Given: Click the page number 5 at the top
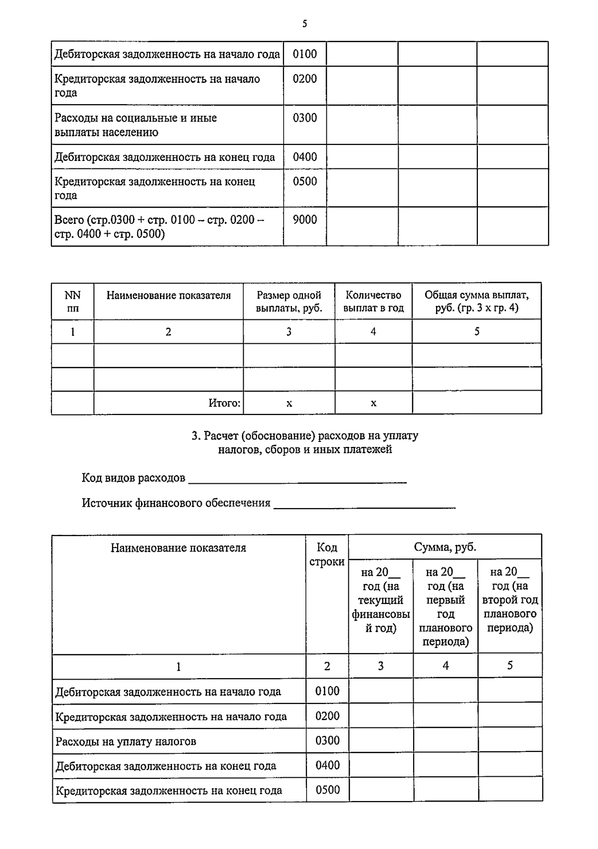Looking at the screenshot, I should [x=304, y=24].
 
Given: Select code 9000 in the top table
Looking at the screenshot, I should [x=304, y=220].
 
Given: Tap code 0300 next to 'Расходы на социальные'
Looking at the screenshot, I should [x=304, y=118].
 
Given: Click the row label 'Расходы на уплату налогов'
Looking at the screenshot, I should [x=126, y=741].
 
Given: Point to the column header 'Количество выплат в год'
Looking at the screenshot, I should [x=373, y=301].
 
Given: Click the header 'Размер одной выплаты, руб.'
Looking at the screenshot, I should [x=289, y=301].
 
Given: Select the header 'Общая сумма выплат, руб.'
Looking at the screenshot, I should [x=476, y=301].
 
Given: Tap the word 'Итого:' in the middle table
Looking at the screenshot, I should [x=224, y=403].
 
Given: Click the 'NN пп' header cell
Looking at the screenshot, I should [x=73, y=301].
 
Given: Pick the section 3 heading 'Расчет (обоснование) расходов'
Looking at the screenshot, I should [x=305, y=442].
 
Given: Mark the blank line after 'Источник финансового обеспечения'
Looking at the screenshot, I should [x=364, y=505].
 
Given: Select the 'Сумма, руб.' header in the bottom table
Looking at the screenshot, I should [x=445, y=547].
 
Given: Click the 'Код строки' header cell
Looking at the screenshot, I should [x=327, y=555].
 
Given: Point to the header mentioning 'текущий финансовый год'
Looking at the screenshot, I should [x=381, y=600].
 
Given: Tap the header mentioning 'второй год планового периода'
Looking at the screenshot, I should [x=510, y=600].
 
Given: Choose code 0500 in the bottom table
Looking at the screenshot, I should [x=327, y=790].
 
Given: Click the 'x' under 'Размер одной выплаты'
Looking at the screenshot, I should [x=289, y=403].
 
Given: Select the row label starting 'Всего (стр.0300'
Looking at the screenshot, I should [x=159, y=227].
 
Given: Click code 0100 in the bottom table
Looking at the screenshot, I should [x=327, y=691].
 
